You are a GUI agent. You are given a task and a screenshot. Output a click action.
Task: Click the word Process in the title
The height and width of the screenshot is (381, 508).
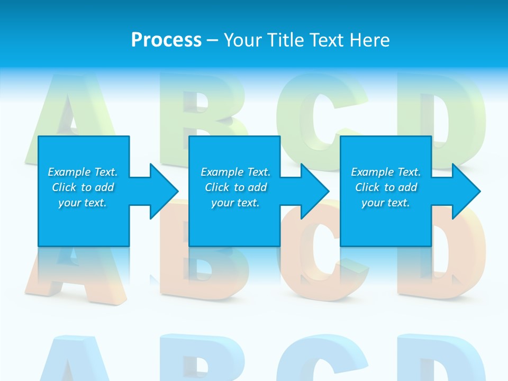pyautogui.click(x=166, y=40)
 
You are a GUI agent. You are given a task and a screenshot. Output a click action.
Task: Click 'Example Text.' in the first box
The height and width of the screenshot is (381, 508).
pyautogui.click(x=83, y=172)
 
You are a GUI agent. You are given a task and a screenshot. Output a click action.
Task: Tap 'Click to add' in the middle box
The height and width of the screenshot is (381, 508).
pyautogui.click(x=235, y=187)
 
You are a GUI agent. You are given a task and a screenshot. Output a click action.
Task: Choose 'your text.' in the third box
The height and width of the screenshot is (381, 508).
pyautogui.click(x=386, y=203)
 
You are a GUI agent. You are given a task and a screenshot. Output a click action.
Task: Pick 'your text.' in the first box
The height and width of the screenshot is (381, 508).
pyautogui.click(x=83, y=203)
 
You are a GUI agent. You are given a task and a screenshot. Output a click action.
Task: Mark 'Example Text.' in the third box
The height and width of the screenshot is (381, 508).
pyautogui.click(x=386, y=172)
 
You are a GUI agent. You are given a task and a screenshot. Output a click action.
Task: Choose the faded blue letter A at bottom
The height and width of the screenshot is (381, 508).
pyautogui.click(x=69, y=360)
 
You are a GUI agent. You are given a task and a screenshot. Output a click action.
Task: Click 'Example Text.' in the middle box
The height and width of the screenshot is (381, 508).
pyautogui.click(x=235, y=172)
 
